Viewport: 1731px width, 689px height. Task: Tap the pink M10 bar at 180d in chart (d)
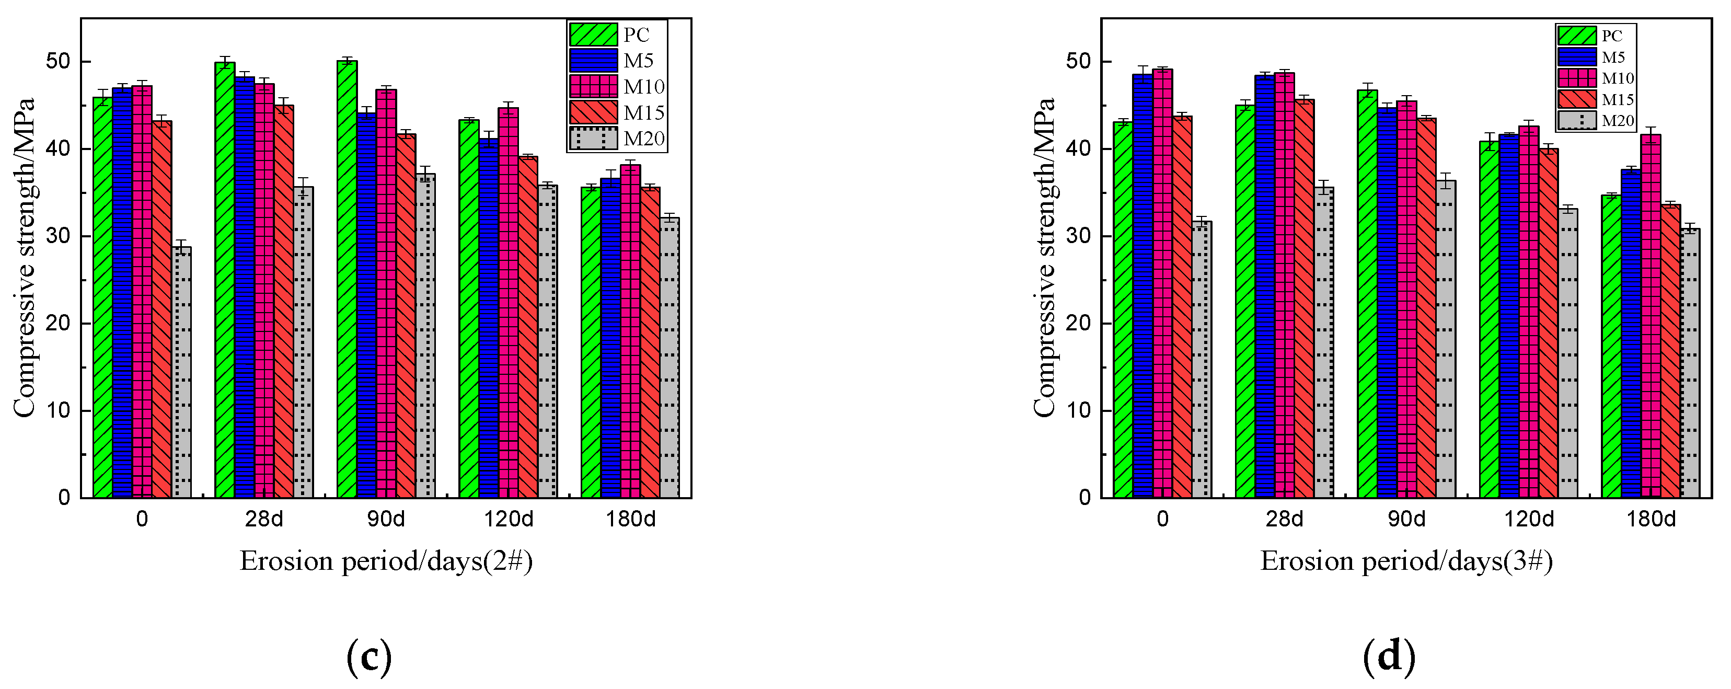pos(1651,316)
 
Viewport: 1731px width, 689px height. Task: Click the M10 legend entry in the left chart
pos(617,87)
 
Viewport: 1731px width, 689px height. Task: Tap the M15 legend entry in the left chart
pos(617,113)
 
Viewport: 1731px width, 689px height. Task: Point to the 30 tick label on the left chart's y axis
pos(59,236)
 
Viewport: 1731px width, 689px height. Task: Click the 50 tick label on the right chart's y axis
pos(1079,62)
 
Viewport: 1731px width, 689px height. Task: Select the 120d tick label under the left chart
pos(508,520)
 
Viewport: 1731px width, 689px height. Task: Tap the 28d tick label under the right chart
pos(1285,520)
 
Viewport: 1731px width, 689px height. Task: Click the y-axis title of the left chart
pos(24,257)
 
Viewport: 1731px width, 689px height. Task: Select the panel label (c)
pos(369,658)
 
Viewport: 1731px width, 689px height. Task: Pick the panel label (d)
pos(1389,658)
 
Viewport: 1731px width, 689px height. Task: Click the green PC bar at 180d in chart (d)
pos(1611,346)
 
